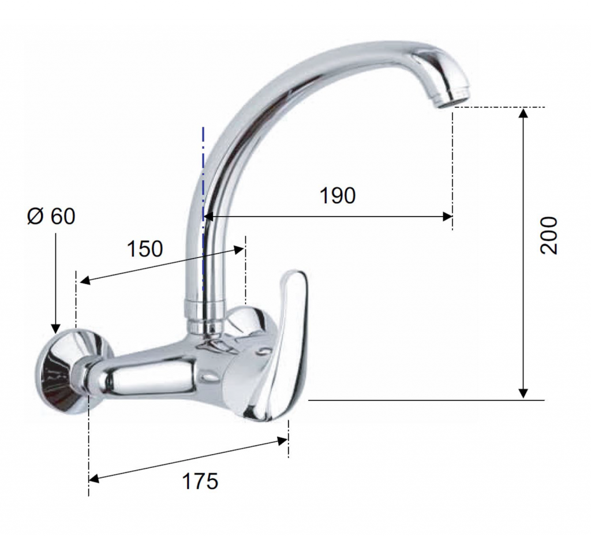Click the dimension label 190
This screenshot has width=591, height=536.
(337, 195)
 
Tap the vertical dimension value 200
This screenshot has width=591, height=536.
(548, 235)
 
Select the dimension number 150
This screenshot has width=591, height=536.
(145, 249)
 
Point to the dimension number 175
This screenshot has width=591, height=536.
(200, 481)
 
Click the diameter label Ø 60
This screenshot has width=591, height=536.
(51, 216)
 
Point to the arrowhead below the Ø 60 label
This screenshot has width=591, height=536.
(55, 329)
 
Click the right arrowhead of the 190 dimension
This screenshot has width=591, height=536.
(447, 217)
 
